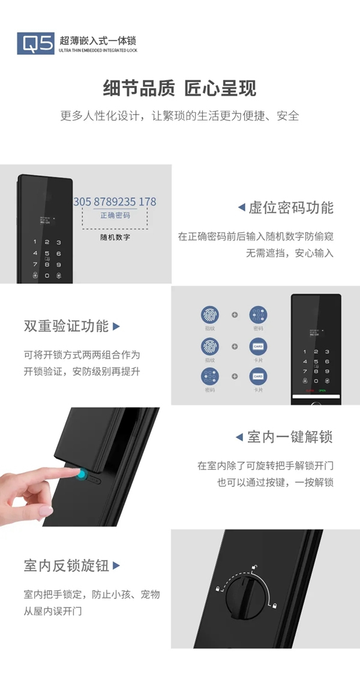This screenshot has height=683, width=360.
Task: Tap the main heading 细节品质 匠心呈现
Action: click(179, 89)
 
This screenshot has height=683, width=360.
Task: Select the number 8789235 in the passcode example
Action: click(114, 202)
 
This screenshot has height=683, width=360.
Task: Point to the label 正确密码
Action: click(115, 215)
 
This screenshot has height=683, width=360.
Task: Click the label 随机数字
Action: click(115, 237)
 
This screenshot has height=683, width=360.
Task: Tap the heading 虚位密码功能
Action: click(291, 208)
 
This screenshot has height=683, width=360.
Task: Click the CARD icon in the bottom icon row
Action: click(258, 377)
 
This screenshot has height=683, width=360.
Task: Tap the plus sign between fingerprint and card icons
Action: click(235, 346)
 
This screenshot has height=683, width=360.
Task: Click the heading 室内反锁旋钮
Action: click(67, 565)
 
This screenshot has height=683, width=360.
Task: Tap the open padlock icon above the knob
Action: click(254, 567)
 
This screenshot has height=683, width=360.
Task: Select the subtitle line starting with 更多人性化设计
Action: click(179, 116)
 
